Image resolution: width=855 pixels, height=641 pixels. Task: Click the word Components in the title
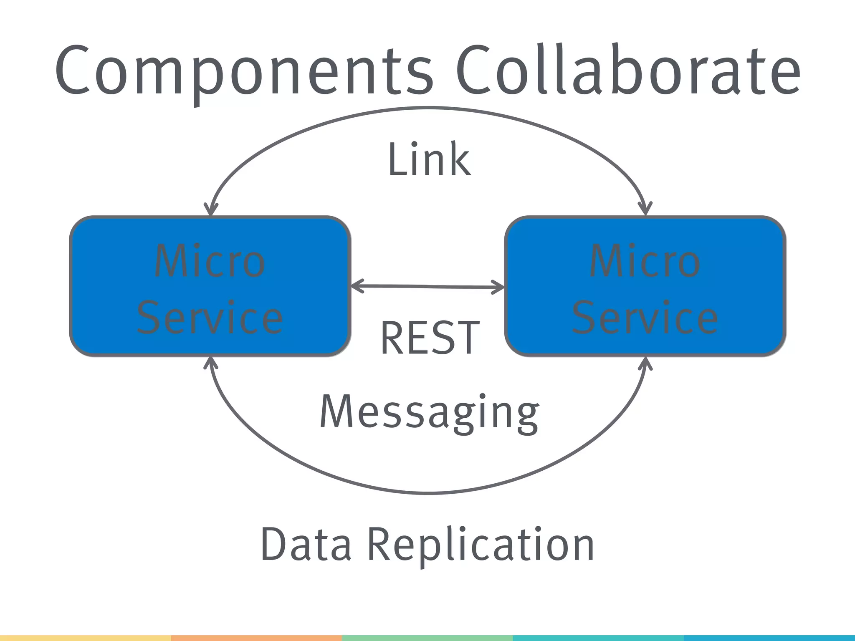coord(244,71)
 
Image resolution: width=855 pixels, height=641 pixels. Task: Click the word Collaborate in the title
coord(628,71)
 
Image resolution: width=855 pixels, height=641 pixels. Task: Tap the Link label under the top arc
coord(429,159)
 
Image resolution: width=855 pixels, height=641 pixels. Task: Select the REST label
coord(430,338)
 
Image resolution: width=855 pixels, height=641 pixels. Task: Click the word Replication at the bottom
coord(480,545)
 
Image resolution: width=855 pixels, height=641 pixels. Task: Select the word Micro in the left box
coord(210,261)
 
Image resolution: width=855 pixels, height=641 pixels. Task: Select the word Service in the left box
coord(210,318)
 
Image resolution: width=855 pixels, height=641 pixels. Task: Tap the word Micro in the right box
coord(645,261)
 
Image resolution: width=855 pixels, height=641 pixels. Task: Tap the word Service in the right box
coord(645,318)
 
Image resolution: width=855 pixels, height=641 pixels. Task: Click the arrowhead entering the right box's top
coord(645,210)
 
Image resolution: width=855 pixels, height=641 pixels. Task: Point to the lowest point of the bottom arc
coord(429,493)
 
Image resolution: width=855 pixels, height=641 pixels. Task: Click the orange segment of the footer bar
coord(256,638)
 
